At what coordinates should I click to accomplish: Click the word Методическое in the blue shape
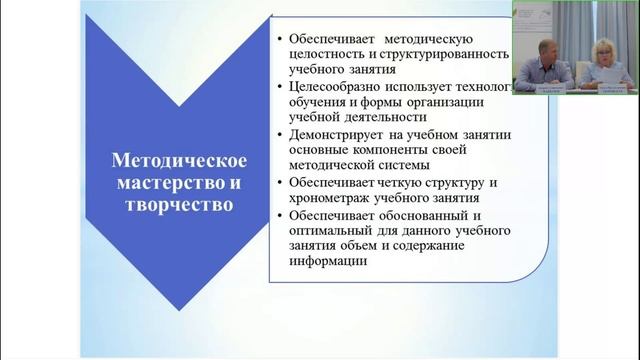point(177,161)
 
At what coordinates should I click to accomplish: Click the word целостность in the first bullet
point(328,54)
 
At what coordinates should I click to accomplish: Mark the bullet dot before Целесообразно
point(277,86)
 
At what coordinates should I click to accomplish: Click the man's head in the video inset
point(546,48)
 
